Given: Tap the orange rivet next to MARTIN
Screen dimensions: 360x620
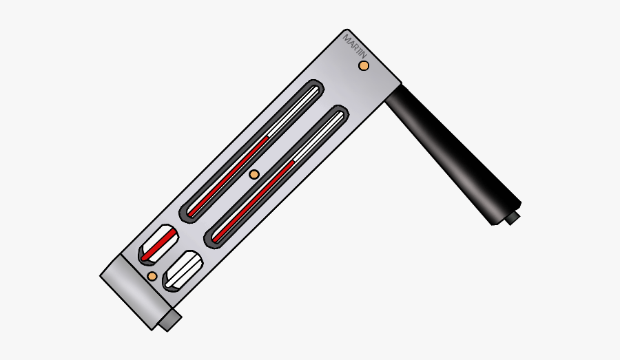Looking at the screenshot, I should pyautogui.click(x=364, y=65).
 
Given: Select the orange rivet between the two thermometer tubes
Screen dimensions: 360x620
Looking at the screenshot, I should pyautogui.click(x=254, y=175).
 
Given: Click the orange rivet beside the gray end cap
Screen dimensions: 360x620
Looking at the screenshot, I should pyautogui.click(x=152, y=277).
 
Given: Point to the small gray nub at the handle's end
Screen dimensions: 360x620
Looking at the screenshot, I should pyautogui.click(x=512, y=218).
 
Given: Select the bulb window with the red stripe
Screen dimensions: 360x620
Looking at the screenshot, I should pyautogui.click(x=158, y=244).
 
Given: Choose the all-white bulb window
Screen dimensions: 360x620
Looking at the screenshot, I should pyautogui.click(x=183, y=271).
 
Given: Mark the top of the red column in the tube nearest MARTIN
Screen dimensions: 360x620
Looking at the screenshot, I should pyautogui.click(x=267, y=136).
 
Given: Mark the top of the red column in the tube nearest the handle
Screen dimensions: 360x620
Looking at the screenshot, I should pyautogui.click(x=294, y=162).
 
